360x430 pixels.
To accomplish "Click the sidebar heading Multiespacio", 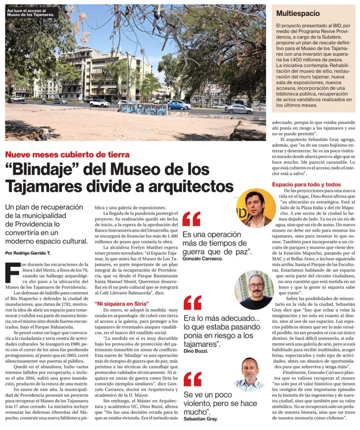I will [297, 13].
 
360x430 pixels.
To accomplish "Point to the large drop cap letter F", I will [12, 272].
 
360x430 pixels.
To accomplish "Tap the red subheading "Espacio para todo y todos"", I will [306, 184].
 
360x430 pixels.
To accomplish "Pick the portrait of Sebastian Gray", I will [250, 374].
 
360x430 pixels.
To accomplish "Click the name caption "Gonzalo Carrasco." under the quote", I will [203, 259].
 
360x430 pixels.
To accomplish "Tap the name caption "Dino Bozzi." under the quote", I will [196, 350].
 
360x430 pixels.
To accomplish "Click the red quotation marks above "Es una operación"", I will [191, 219].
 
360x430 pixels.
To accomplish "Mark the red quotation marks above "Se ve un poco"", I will [192, 379].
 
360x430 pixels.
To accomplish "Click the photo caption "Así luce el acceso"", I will [31, 13].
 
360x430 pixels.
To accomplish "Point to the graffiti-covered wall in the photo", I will [143, 109].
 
